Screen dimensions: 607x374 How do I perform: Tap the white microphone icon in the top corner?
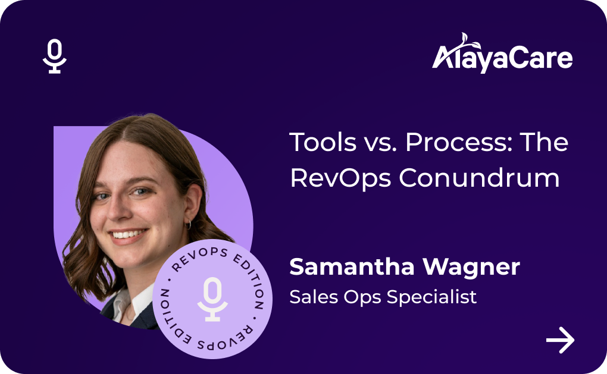click(x=55, y=56)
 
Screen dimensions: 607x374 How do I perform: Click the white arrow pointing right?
click(x=560, y=340)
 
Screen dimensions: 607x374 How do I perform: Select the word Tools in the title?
click(x=323, y=142)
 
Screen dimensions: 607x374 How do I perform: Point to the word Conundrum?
click(x=479, y=178)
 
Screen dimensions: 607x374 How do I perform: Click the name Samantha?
click(x=352, y=267)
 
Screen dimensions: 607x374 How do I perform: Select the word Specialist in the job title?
click(x=431, y=297)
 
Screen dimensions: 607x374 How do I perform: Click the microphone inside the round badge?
click(x=212, y=299)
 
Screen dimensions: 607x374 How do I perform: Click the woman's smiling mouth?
click(x=128, y=235)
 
